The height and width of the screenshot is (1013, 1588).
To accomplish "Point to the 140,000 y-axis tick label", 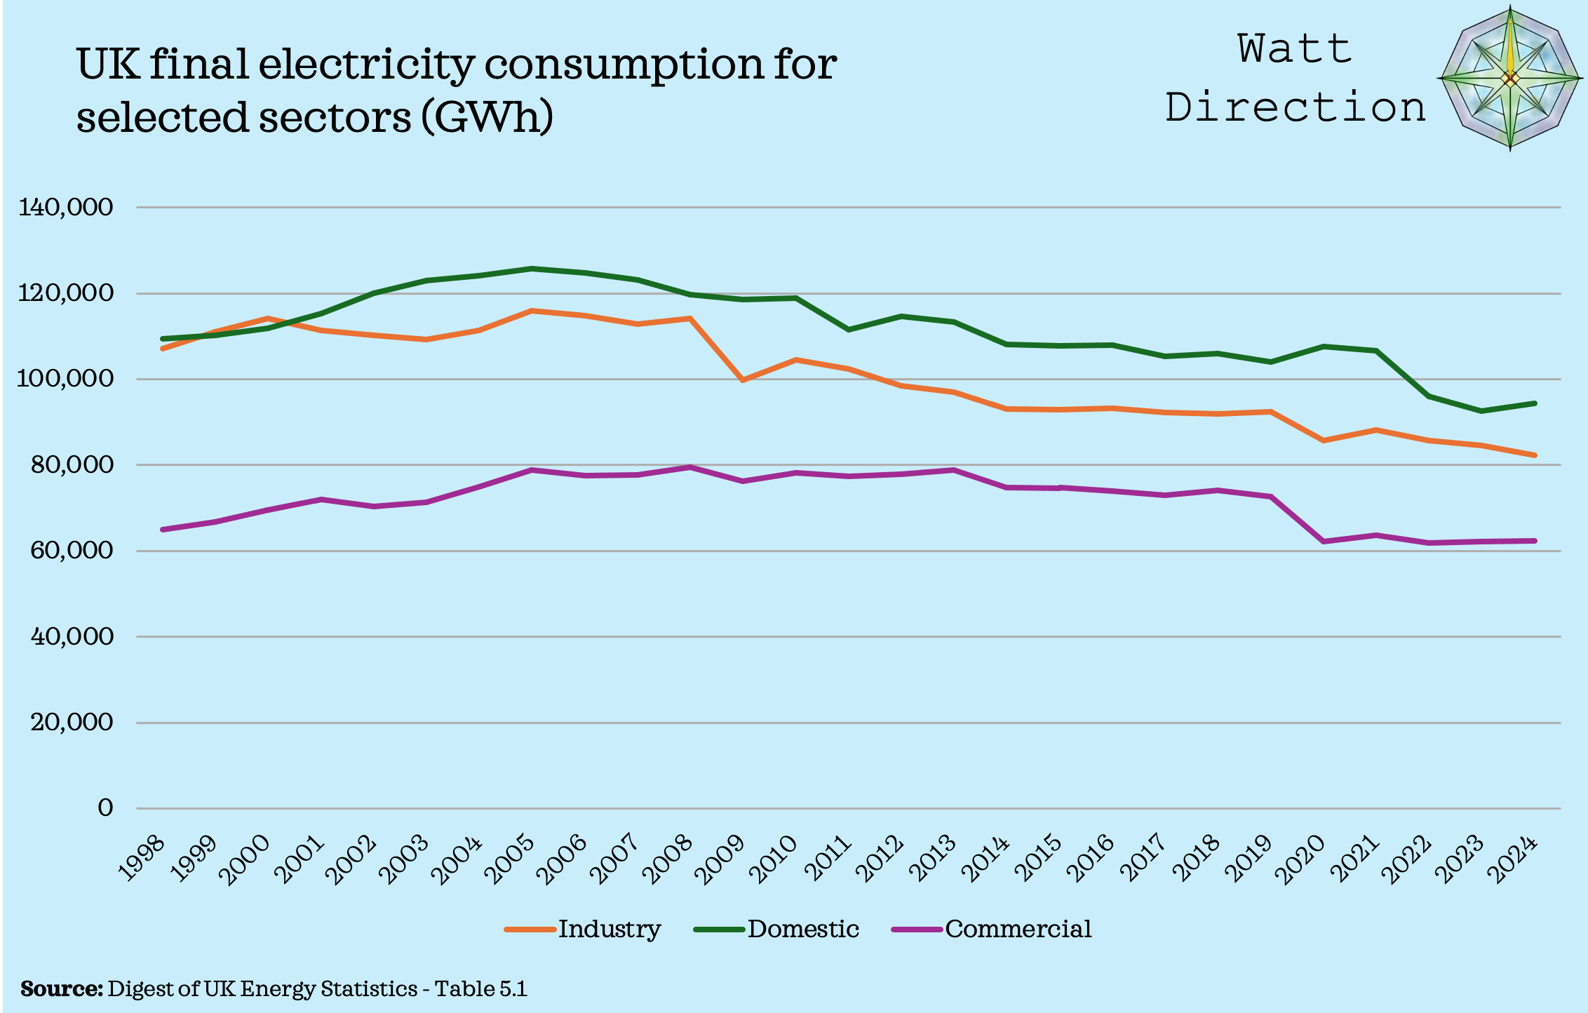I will pos(66,207).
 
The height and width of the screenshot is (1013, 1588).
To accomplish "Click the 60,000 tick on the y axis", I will pos(72,550).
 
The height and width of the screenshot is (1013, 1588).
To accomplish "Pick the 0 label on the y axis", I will pos(105,808).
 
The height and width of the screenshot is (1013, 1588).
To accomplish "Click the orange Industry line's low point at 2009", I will pos(743,380).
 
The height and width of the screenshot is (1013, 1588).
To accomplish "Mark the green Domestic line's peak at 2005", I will pos(532,269).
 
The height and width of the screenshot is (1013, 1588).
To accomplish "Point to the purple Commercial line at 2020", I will pos(1324,542).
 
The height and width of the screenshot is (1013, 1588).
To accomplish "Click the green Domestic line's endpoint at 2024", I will pos(1535,403).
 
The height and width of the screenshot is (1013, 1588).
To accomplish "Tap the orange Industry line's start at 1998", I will pos(163,349).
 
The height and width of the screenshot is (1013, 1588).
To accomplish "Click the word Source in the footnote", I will pos(62,989).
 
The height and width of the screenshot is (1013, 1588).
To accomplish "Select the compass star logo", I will pos(1510,79).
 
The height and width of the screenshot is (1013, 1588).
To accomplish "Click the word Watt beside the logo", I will pos(1295,49).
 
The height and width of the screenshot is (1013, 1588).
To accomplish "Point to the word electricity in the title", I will pos(366,65).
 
